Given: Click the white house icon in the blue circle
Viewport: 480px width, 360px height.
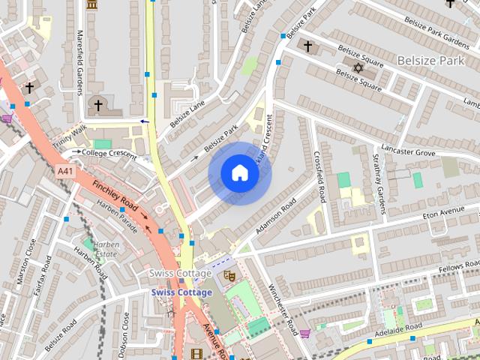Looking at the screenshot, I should coord(239,174).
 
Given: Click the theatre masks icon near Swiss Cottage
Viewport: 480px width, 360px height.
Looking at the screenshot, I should coord(231,276).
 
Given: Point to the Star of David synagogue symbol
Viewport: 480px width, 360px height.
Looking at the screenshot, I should coord(357,68).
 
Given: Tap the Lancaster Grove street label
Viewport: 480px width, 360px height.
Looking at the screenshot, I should coord(408,151).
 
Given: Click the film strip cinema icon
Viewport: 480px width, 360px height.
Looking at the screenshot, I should coord(196,354).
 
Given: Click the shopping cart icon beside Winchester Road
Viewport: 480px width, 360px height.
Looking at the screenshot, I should coord(304,332).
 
